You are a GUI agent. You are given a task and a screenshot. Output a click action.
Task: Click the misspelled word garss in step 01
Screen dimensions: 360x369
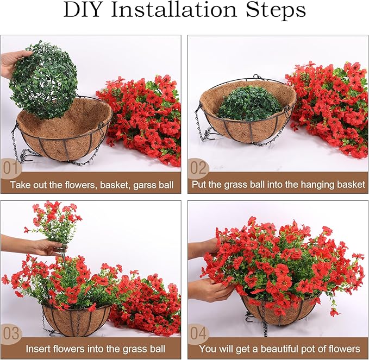[x=139, y=185]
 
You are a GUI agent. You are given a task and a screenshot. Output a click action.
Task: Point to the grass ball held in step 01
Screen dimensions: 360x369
[x=43, y=80]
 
